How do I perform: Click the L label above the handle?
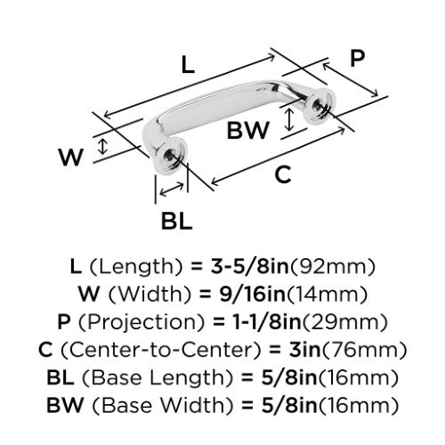click(188, 65)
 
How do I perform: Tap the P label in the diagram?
click(357, 59)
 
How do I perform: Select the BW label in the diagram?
click(248, 130)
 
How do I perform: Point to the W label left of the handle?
click(70, 157)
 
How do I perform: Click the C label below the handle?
click(283, 174)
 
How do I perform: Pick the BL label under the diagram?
click(176, 221)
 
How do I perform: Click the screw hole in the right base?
click(320, 105)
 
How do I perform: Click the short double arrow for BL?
click(172, 190)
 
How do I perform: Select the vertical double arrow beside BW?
click(289, 120)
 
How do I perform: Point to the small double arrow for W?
click(102, 146)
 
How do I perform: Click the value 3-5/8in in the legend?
click(250, 266)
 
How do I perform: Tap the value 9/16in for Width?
click(253, 294)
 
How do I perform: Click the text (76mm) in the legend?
click(364, 350)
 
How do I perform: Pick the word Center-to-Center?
click(161, 350)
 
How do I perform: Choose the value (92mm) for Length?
click(332, 266)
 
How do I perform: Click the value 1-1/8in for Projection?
click(267, 321)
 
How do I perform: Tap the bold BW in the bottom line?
click(65, 405)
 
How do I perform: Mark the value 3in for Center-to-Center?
click(305, 350)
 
